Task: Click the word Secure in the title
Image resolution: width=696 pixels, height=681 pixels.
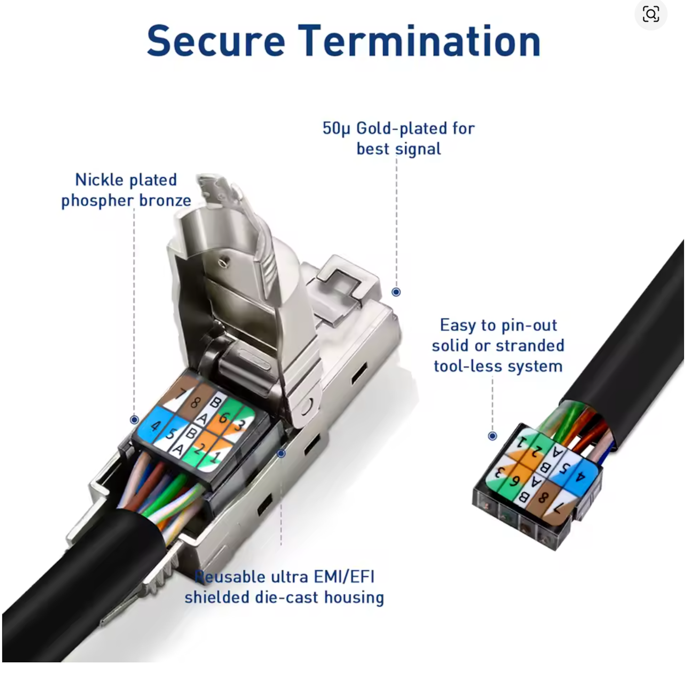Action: point(216,41)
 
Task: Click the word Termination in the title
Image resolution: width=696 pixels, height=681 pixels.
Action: point(419,41)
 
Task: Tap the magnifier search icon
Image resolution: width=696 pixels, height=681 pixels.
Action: point(650,14)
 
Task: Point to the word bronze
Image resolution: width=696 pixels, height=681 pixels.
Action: point(165,200)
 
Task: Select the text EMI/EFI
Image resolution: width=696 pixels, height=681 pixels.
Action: point(344,577)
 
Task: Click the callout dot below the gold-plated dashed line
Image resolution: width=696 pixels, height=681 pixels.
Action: point(396,292)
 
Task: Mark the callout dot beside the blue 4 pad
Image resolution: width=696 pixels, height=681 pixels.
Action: point(134,419)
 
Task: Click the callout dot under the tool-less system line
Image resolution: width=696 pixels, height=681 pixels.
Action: point(492,436)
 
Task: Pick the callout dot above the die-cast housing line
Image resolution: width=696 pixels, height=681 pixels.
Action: point(281,454)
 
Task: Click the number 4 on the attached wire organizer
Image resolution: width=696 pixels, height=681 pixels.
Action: point(155,426)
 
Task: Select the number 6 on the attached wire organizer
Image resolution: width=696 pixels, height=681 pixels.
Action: point(224,417)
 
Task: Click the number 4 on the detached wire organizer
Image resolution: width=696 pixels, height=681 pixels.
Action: point(580,477)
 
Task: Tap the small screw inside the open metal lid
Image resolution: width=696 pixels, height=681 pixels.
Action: point(224,263)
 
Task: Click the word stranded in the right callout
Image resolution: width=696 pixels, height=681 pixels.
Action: point(530,346)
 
